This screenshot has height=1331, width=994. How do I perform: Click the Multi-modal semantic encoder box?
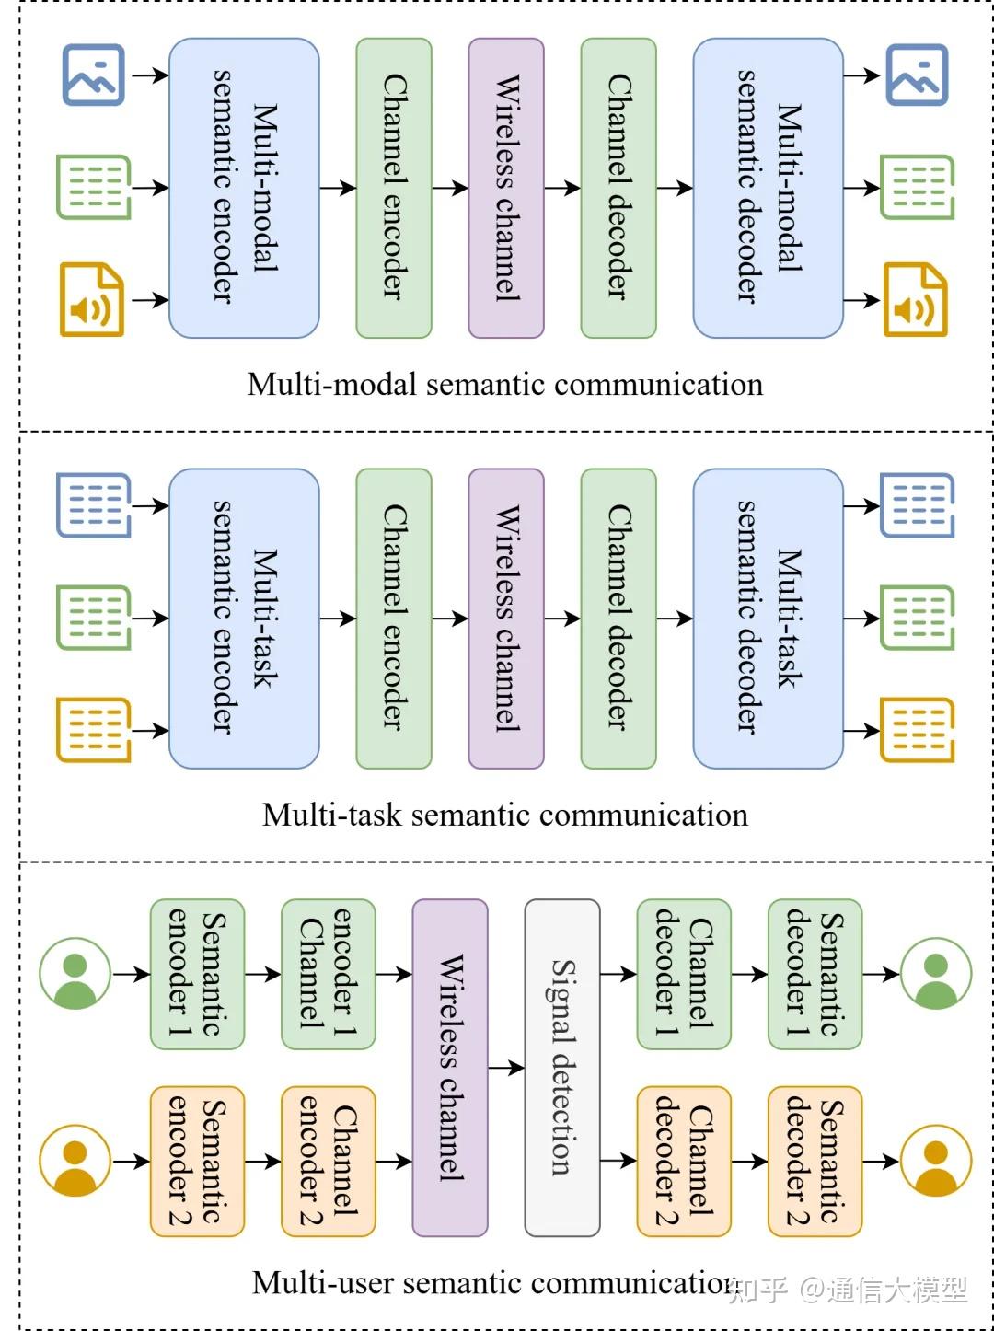[244, 188]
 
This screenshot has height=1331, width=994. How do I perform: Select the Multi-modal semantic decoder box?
[768, 188]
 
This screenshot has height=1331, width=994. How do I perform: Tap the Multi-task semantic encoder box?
[244, 618]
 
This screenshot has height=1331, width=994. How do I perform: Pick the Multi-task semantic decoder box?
[768, 618]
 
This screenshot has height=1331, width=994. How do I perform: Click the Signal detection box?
[562, 1068]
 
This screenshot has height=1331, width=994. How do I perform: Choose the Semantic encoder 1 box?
[197, 974]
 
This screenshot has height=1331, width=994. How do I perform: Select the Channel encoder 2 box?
[329, 1162]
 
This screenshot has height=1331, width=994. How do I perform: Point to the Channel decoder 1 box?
[684, 974]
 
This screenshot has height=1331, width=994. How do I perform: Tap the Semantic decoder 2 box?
[815, 1162]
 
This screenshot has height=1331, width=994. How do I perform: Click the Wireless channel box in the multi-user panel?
[450, 1068]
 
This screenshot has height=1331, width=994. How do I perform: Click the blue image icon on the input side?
[93, 75]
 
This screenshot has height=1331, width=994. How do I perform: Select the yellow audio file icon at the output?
[916, 300]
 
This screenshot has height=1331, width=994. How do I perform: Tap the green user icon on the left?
[75, 974]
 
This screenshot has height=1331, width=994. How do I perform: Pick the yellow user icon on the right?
[936, 1162]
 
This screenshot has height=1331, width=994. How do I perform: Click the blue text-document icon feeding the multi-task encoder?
[93, 504]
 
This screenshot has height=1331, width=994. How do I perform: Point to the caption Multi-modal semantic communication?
[505, 384]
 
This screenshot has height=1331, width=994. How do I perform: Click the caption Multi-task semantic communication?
[505, 815]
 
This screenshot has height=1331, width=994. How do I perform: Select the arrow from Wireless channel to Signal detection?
[505, 1068]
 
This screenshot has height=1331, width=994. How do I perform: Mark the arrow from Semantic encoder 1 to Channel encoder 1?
[262, 974]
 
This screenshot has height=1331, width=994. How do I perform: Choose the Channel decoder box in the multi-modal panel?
[618, 188]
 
